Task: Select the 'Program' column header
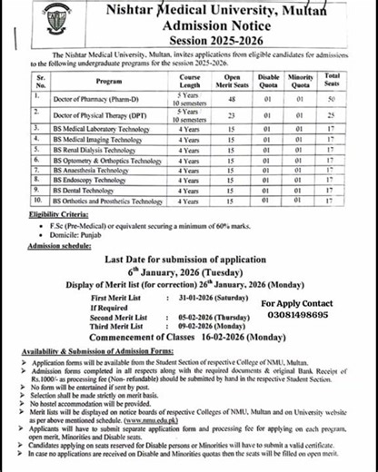coord(110,78)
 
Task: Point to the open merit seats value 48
coord(232,97)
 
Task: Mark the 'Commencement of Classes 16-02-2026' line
coord(190,339)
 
